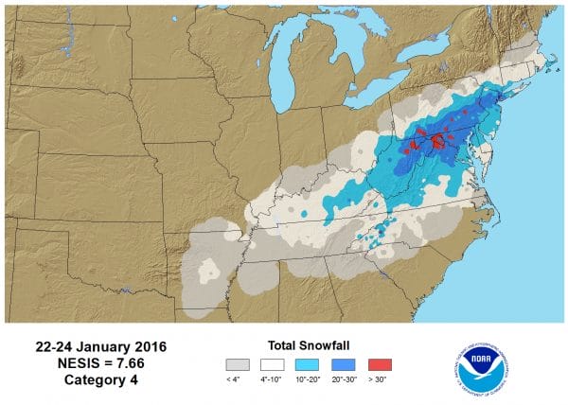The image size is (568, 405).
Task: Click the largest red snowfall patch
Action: pyautogui.click(x=438, y=141)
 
